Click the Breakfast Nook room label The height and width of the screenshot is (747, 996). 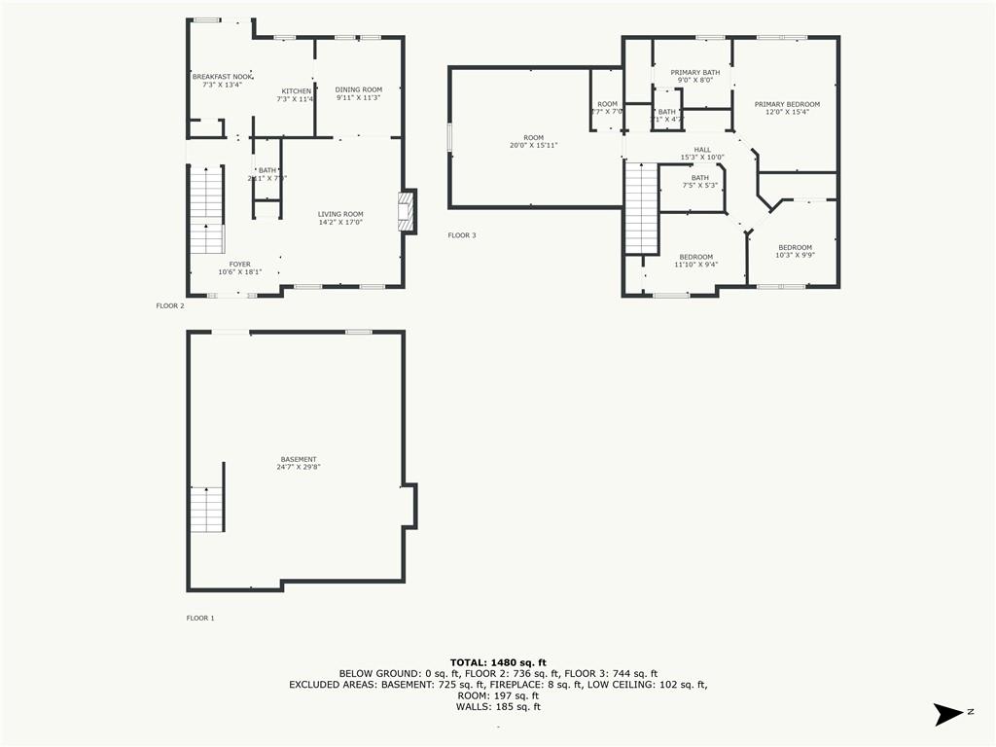tap(222, 77)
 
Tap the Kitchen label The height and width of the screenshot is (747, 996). tap(297, 91)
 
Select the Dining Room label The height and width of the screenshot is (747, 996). tap(359, 89)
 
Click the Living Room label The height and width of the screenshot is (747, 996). tap(340, 214)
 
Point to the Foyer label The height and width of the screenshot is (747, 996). tap(239, 265)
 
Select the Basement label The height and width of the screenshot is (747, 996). tap(299, 459)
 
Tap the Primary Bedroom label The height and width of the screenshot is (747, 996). tap(787, 104)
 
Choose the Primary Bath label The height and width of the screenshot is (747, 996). tap(694, 72)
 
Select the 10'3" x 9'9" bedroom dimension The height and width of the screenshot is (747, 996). tap(795, 256)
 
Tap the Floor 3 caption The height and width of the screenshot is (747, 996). tap(462, 235)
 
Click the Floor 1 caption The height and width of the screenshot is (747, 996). tap(200, 618)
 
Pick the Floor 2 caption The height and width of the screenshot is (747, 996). tap(170, 305)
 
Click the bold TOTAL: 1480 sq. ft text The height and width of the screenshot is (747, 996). tap(498, 662)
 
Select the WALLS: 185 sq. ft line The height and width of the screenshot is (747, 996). tap(498, 706)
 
